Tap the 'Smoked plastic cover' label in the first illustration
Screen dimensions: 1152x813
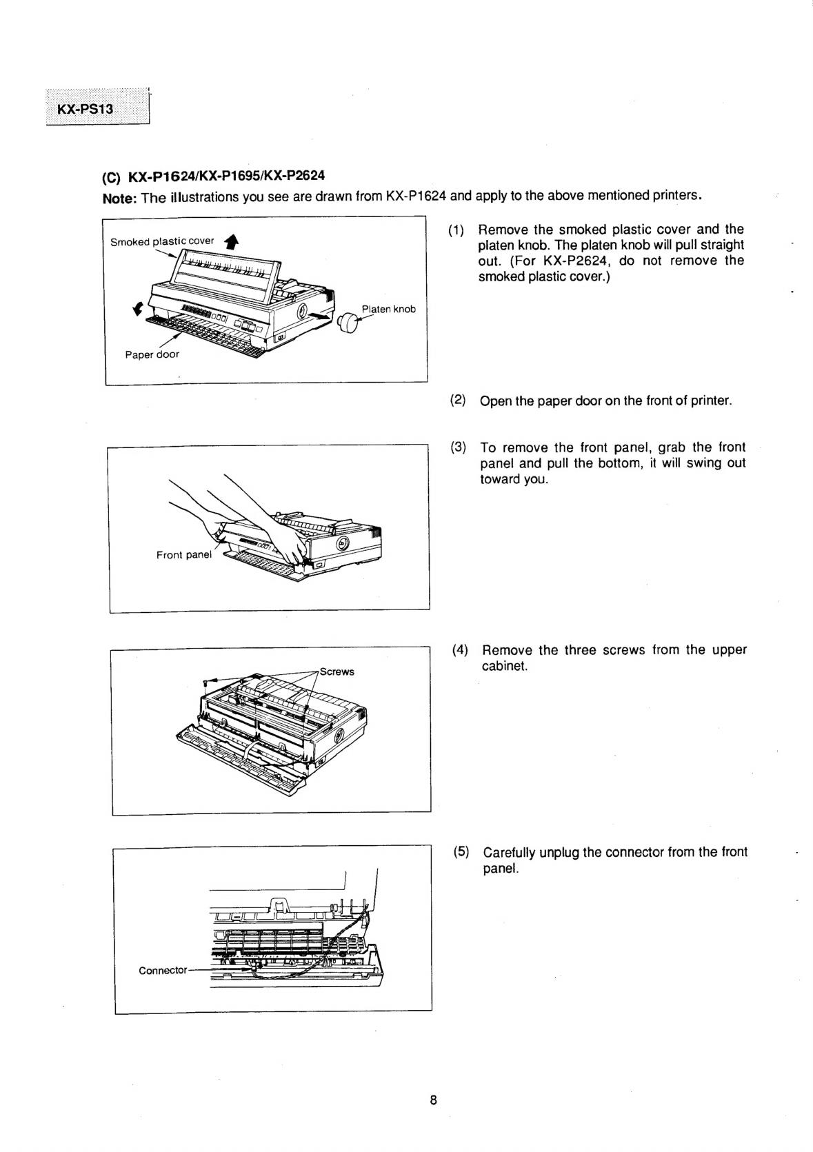point(162,241)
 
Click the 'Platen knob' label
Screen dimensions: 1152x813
point(389,309)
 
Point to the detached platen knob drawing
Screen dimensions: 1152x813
point(350,322)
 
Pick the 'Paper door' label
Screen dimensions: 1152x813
point(152,354)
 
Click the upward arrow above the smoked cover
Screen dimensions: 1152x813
point(232,241)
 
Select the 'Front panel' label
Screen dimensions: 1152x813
point(183,554)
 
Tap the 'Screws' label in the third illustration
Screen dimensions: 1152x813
point(337,671)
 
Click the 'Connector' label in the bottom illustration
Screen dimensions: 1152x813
point(163,970)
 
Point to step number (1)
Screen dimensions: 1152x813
point(456,230)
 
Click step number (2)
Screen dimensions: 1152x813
point(458,400)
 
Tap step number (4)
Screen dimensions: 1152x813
point(460,649)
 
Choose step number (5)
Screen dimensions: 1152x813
point(461,851)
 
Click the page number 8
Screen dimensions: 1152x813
point(433,1100)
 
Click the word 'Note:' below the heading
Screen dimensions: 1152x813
point(119,199)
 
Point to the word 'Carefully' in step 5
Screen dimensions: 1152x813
point(509,852)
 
